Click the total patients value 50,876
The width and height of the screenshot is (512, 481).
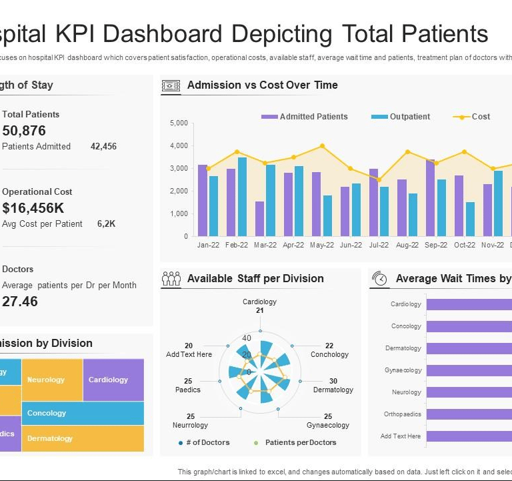(x=24, y=131)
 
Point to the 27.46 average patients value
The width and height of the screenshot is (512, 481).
(x=20, y=301)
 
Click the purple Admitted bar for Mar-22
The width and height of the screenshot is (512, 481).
(x=259, y=219)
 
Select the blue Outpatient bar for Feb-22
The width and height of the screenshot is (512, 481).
(x=242, y=197)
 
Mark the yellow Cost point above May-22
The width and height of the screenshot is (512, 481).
(x=322, y=145)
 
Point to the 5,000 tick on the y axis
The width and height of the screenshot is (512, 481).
(x=179, y=123)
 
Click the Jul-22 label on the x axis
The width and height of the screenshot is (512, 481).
(x=379, y=245)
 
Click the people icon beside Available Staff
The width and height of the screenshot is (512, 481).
(x=171, y=279)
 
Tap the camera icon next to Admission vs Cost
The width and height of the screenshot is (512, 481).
(x=171, y=85)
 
